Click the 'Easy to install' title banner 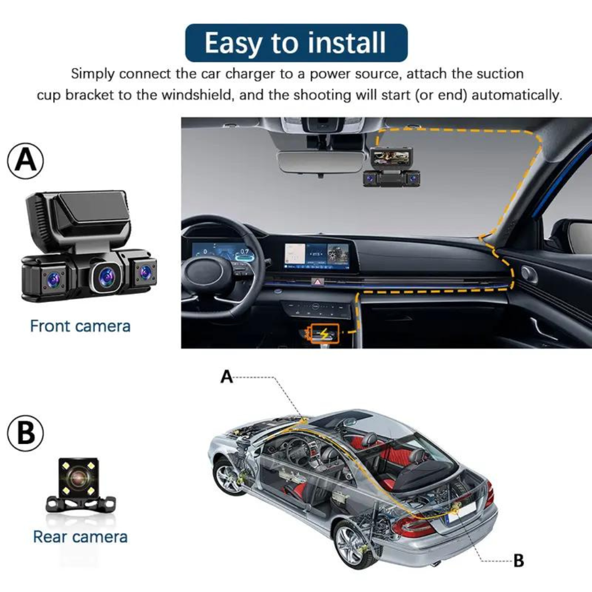296,43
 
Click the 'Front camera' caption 80,326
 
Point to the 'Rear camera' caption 80,537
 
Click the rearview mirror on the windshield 320,162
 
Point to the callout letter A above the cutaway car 227,377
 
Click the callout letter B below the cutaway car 518,560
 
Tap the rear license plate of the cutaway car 460,512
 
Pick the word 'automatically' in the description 516,95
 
